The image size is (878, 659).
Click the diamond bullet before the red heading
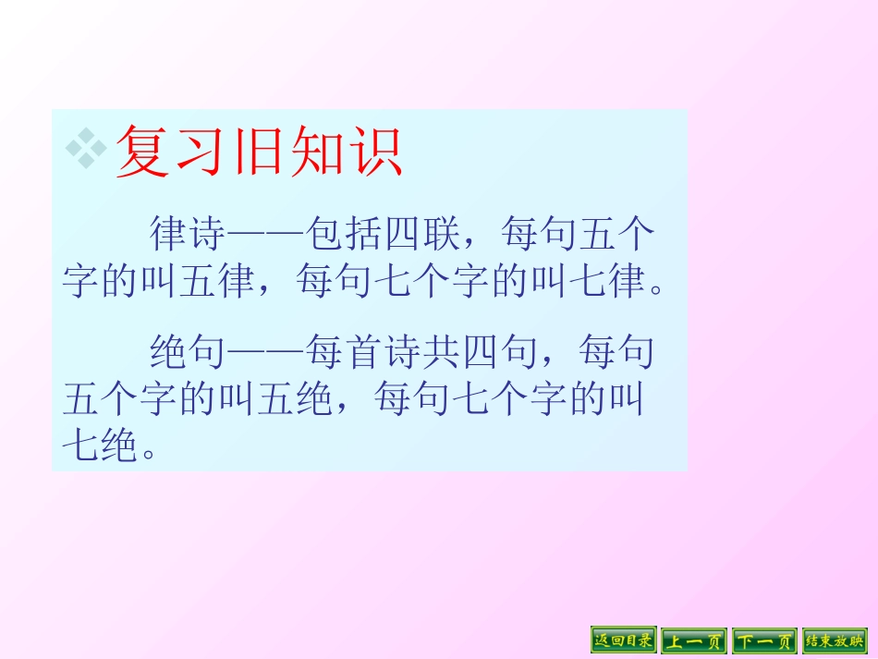point(86,148)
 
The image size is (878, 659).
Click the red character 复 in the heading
point(142,151)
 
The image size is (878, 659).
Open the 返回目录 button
point(624,640)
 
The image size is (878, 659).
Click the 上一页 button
point(694,640)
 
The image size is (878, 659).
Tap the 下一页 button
point(764,640)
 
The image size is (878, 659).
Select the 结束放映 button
point(835,640)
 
